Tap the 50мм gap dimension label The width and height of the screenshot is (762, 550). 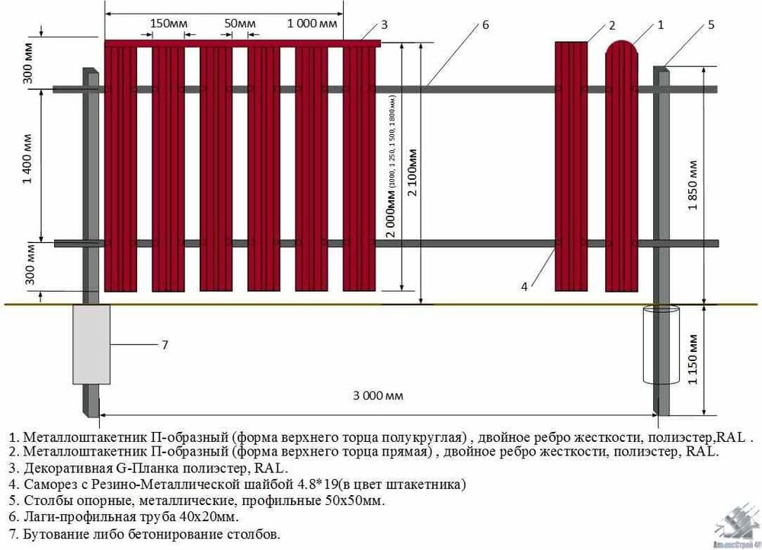240,23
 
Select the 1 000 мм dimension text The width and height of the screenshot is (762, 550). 312,23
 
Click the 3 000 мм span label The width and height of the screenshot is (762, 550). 378,395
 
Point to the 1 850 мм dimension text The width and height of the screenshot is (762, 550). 693,187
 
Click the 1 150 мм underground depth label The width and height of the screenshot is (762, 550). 693,359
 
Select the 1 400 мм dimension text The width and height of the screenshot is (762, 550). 27,159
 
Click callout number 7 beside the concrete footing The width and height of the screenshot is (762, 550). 165,345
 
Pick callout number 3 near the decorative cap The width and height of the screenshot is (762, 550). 384,24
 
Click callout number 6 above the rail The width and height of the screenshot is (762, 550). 485,24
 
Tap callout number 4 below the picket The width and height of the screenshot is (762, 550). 524,286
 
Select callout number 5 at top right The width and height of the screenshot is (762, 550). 711,24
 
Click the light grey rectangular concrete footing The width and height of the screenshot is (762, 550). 91,344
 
